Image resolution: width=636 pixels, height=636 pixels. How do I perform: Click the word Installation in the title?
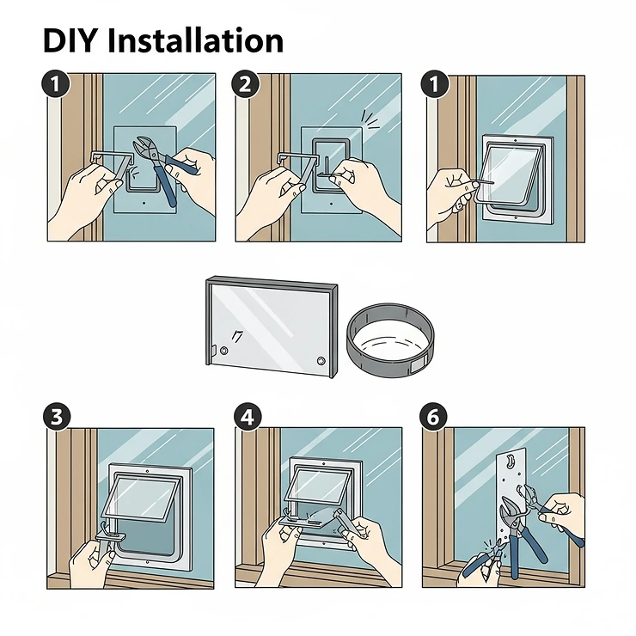pos(199,40)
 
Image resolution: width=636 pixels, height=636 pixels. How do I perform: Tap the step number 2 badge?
pos(247,85)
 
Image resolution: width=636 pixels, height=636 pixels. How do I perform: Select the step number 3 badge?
pos(56,417)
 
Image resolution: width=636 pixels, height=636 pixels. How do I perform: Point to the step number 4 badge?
pos(247,417)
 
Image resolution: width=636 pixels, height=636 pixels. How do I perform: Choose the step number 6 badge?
pos(435,417)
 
